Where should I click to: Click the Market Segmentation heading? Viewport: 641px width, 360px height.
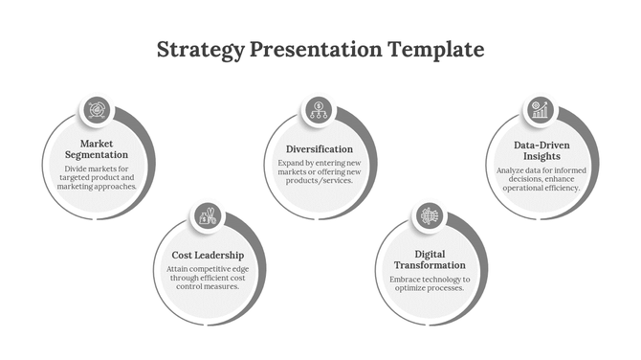tap(97, 149)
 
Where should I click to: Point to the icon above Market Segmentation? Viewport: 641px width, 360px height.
tap(97, 109)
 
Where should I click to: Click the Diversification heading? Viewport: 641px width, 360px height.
tap(320, 149)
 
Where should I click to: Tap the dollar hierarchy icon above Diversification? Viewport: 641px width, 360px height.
tap(319, 109)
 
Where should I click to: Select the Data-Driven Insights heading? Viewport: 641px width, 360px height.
tap(542, 149)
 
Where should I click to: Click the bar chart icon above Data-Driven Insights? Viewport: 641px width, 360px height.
tap(541, 110)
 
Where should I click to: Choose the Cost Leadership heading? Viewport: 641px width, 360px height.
tap(208, 256)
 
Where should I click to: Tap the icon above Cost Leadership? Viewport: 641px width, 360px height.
tap(208, 216)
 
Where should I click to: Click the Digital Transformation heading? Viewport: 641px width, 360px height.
tap(430, 259)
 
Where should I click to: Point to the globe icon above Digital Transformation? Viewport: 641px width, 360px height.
tap(430, 217)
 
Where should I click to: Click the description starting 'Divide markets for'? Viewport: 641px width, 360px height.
tap(97, 177)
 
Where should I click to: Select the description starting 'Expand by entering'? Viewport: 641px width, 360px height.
tap(320, 172)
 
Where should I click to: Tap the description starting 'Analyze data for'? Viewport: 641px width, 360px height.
tap(542, 179)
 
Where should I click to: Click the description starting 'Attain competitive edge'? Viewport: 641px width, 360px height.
tap(208, 278)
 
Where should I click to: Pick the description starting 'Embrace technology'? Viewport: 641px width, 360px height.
tap(430, 283)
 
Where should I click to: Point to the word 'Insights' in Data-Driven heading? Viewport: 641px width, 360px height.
tap(542, 156)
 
